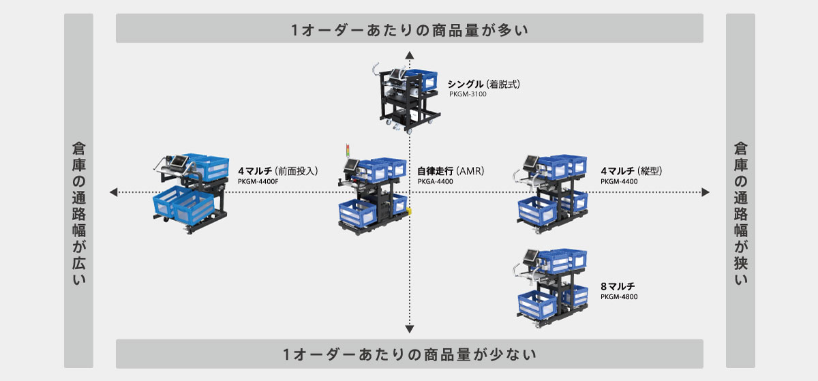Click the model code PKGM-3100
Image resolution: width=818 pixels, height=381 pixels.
tap(468, 95)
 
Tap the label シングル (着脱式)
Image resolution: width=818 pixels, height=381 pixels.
tap(483, 85)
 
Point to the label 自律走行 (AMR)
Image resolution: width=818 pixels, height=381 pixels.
tap(450, 171)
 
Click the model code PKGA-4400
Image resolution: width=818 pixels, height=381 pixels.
tap(435, 182)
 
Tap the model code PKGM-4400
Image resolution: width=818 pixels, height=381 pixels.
tap(618, 182)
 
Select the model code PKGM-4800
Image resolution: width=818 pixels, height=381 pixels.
tap(619, 297)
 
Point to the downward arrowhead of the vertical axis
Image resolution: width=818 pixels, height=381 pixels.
tap(409, 330)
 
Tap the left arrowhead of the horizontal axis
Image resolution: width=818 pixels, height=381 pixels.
tap(113, 193)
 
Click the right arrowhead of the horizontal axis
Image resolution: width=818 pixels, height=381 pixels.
tap(706, 193)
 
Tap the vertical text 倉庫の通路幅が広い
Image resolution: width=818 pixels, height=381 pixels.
tap(78, 213)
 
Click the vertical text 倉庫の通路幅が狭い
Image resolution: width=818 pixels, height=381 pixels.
tap(741, 213)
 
